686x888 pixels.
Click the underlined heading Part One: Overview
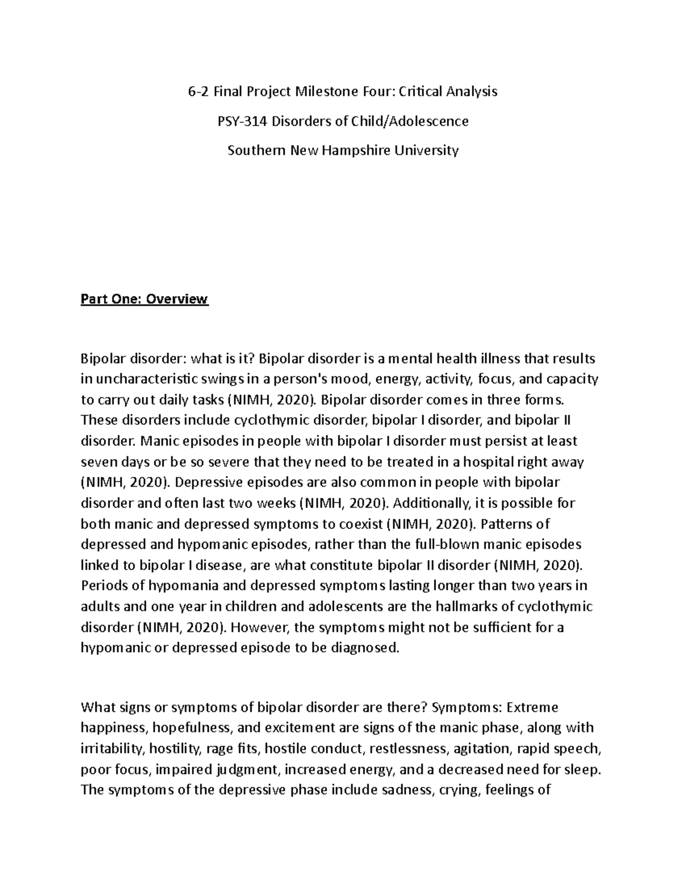145,299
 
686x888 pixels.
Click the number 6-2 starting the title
198,91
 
